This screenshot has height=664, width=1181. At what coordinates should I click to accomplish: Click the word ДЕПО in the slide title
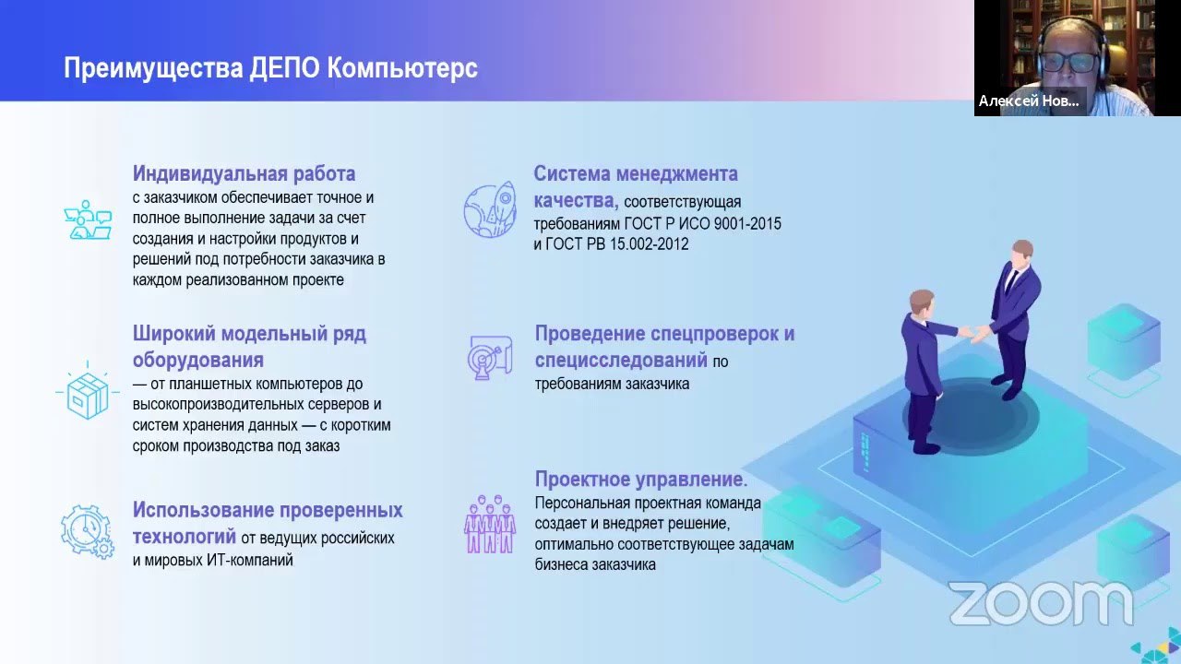coord(285,68)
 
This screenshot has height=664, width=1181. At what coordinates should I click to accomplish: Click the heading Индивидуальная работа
coord(245,173)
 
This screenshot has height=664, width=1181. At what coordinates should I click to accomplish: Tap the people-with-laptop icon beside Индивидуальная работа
coord(88,219)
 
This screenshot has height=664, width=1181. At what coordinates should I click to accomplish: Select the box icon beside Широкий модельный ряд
coord(88,393)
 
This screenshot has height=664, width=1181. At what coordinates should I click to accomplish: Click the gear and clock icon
coord(88,531)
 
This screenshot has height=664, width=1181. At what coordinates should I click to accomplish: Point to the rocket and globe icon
coord(490,209)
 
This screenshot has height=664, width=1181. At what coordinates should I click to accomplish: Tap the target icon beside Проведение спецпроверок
coord(490,357)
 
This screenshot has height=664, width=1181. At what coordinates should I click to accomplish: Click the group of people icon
coord(490,524)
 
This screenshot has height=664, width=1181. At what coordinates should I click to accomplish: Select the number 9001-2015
coord(747,223)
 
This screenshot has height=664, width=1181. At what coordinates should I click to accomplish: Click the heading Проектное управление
coord(641,479)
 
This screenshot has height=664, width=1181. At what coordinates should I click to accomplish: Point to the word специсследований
coord(621,360)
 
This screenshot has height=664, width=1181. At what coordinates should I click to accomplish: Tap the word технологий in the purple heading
coord(184,537)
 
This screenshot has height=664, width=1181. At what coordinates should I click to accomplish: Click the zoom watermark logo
coord(1042,604)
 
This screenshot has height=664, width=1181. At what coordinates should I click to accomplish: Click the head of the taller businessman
coord(1021,253)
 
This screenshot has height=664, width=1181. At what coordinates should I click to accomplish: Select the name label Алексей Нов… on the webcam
coord(1029,101)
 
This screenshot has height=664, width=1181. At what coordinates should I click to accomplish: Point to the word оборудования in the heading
coord(197,360)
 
